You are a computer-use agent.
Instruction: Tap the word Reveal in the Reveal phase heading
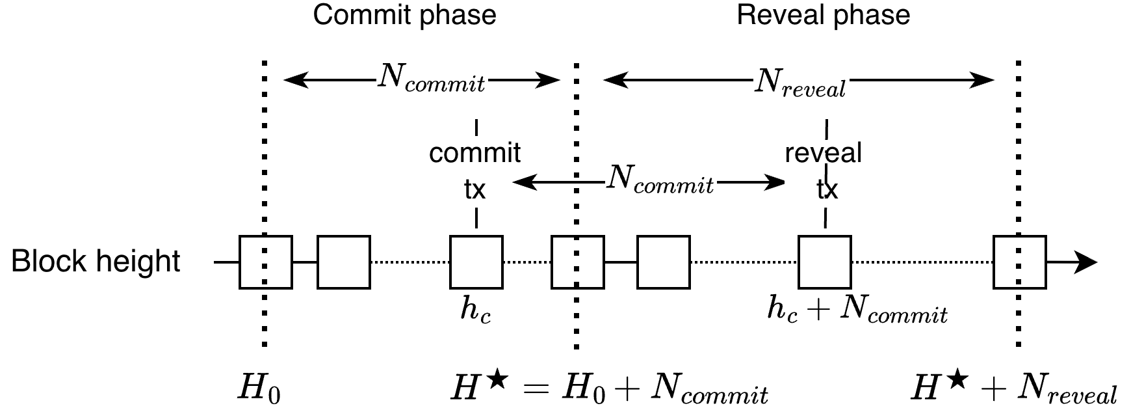coord(781,16)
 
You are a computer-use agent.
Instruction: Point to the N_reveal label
coord(801,83)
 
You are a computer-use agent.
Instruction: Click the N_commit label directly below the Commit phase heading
coord(432,78)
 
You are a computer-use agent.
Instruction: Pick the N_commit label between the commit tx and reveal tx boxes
coord(660,179)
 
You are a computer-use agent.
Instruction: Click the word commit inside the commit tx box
coord(474,154)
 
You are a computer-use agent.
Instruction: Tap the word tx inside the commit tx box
coord(474,189)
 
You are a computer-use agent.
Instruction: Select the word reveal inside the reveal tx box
coord(823,153)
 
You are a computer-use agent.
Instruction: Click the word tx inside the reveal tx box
coord(827,189)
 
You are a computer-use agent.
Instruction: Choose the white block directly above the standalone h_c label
coord(476,262)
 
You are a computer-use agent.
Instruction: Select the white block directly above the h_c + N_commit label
coord(824,262)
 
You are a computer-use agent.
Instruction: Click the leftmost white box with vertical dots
coord(265,262)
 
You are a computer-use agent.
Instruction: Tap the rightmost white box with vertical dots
coord(1019,262)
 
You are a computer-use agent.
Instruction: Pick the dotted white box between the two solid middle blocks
coord(577,262)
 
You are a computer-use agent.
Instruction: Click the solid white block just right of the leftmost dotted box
coord(343,262)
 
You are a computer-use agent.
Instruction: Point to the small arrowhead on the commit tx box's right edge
coord(517,182)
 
